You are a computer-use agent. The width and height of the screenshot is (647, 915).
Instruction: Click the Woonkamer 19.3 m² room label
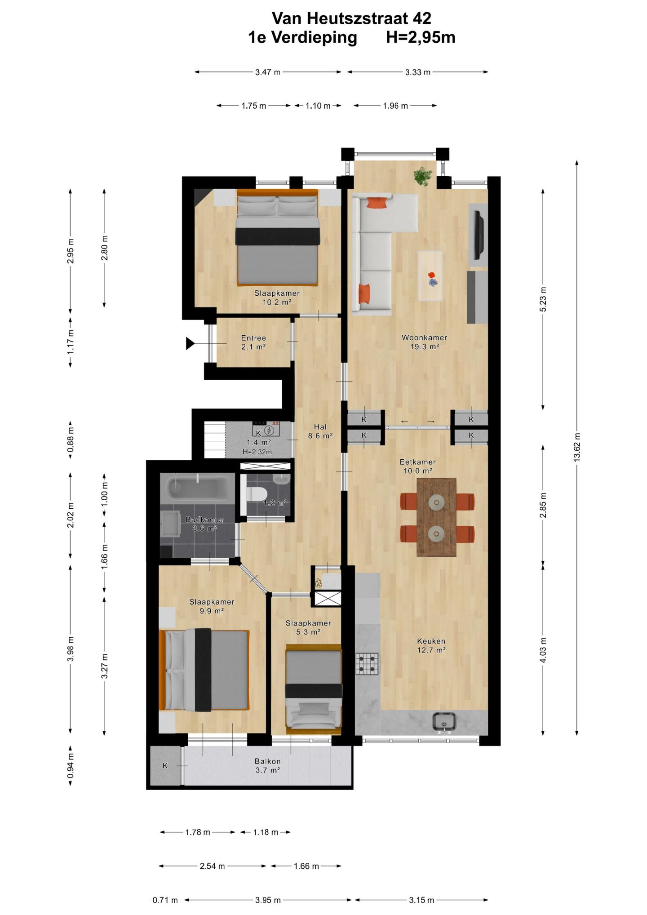424,342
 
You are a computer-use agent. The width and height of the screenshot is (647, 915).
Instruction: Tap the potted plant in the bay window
423,176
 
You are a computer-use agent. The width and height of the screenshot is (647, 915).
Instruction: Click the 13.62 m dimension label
577,447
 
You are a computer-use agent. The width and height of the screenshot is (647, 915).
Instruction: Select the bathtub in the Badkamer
198,488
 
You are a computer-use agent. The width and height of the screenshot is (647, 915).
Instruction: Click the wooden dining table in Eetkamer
436,517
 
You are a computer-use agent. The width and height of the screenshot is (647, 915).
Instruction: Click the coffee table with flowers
430,275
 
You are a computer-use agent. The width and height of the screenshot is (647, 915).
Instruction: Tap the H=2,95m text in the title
421,37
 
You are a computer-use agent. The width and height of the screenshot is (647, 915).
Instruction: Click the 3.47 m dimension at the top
268,72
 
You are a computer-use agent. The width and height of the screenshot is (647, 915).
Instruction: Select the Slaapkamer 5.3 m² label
308,627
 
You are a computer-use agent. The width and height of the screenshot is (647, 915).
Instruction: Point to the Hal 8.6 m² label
320,431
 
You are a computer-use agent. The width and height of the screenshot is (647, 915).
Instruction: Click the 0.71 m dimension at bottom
165,900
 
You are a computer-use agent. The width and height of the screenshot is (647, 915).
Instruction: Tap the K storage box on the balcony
165,766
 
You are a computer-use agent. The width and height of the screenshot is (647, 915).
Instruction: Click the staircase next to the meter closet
214,440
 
